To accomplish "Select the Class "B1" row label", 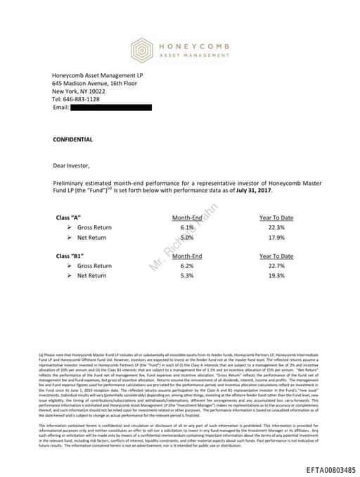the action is pyautogui.click(x=70, y=256).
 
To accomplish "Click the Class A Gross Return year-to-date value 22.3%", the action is pyautogui.click(x=276, y=228).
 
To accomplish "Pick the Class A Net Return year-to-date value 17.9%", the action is pyautogui.click(x=276, y=238).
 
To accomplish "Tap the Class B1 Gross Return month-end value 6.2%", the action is pyautogui.click(x=186, y=266).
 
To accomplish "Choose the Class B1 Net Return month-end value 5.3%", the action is pyautogui.click(x=186, y=276).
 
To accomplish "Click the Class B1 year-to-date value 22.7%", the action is pyautogui.click(x=276, y=266).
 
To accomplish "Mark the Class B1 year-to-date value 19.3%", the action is pyautogui.click(x=276, y=276).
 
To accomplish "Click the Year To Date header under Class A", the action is pyautogui.click(x=276, y=218).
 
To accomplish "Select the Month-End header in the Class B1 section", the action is pyautogui.click(x=186, y=256).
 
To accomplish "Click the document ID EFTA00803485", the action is pyautogui.click(x=330, y=469).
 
